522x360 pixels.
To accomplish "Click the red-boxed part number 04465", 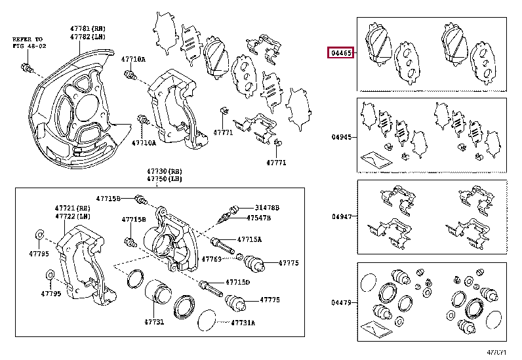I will pos(341,52).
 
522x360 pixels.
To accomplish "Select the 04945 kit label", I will pos(342,138).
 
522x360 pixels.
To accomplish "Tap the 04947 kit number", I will pos(342,216).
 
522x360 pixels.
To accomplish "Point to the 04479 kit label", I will pos(342,302).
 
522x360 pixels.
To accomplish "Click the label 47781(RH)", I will pos(88,28).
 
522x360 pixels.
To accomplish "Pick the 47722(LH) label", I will pos(71,216).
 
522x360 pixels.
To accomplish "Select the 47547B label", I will pos(262,217).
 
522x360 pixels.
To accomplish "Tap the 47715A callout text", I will pos(249,239).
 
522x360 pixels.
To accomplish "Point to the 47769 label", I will pos(212,259).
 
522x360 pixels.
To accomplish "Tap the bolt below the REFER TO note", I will pos(28,68).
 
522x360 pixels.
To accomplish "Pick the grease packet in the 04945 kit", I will pos(371,158).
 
